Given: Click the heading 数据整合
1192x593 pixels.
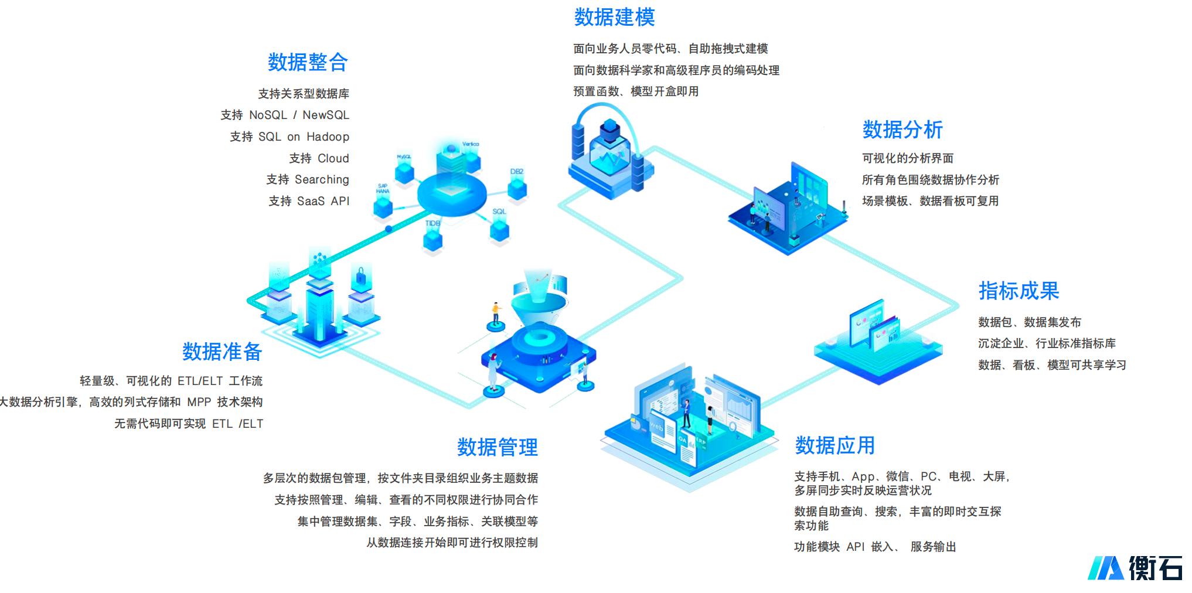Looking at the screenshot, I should pos(308,62).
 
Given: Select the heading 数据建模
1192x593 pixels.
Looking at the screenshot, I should pos(614,18).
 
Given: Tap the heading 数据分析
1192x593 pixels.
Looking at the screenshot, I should pos(902,129).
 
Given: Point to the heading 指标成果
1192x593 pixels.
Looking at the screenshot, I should pos(1019,291).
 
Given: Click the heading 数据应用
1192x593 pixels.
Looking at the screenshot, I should pos(835,445).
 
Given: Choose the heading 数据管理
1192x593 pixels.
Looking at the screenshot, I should pos(497,447).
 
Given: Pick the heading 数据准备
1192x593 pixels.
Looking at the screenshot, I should pos(222,352).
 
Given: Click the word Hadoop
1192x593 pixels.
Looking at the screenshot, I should pos(328,137).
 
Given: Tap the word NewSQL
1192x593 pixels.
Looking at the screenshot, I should pos(325,115).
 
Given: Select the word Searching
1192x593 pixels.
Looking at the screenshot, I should pos(322,179).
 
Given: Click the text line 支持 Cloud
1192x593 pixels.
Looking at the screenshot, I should pos(319,158).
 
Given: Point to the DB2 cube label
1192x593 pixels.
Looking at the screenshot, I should pos(516,172).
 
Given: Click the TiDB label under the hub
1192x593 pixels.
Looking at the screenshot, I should pos(432,223).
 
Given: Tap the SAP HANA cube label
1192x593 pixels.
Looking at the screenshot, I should pos(383,188).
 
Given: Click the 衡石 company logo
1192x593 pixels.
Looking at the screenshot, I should pos(1135,567).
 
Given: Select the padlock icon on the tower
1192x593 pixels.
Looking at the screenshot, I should pos(360,275).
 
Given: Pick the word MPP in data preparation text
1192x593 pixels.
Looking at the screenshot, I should pos(199,402).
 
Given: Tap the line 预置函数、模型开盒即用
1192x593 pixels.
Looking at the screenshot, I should pos(636,91).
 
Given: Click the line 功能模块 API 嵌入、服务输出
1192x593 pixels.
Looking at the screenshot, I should pos(874,547).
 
